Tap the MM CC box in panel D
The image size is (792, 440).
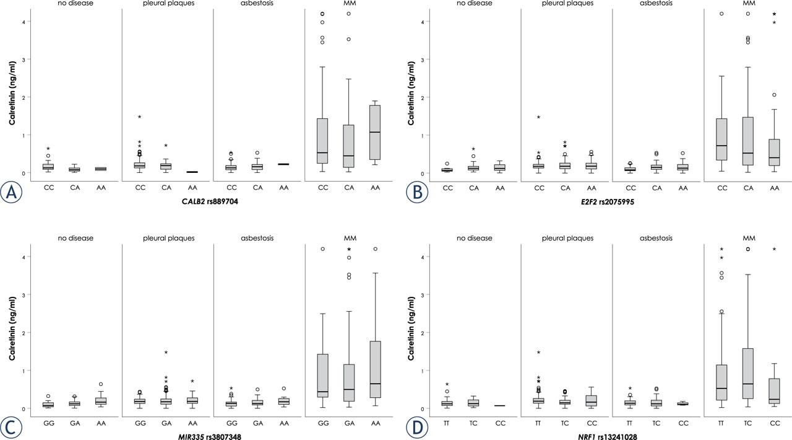click(x=773, y=391)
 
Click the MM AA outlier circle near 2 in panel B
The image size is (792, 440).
click(x=773, y=95)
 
